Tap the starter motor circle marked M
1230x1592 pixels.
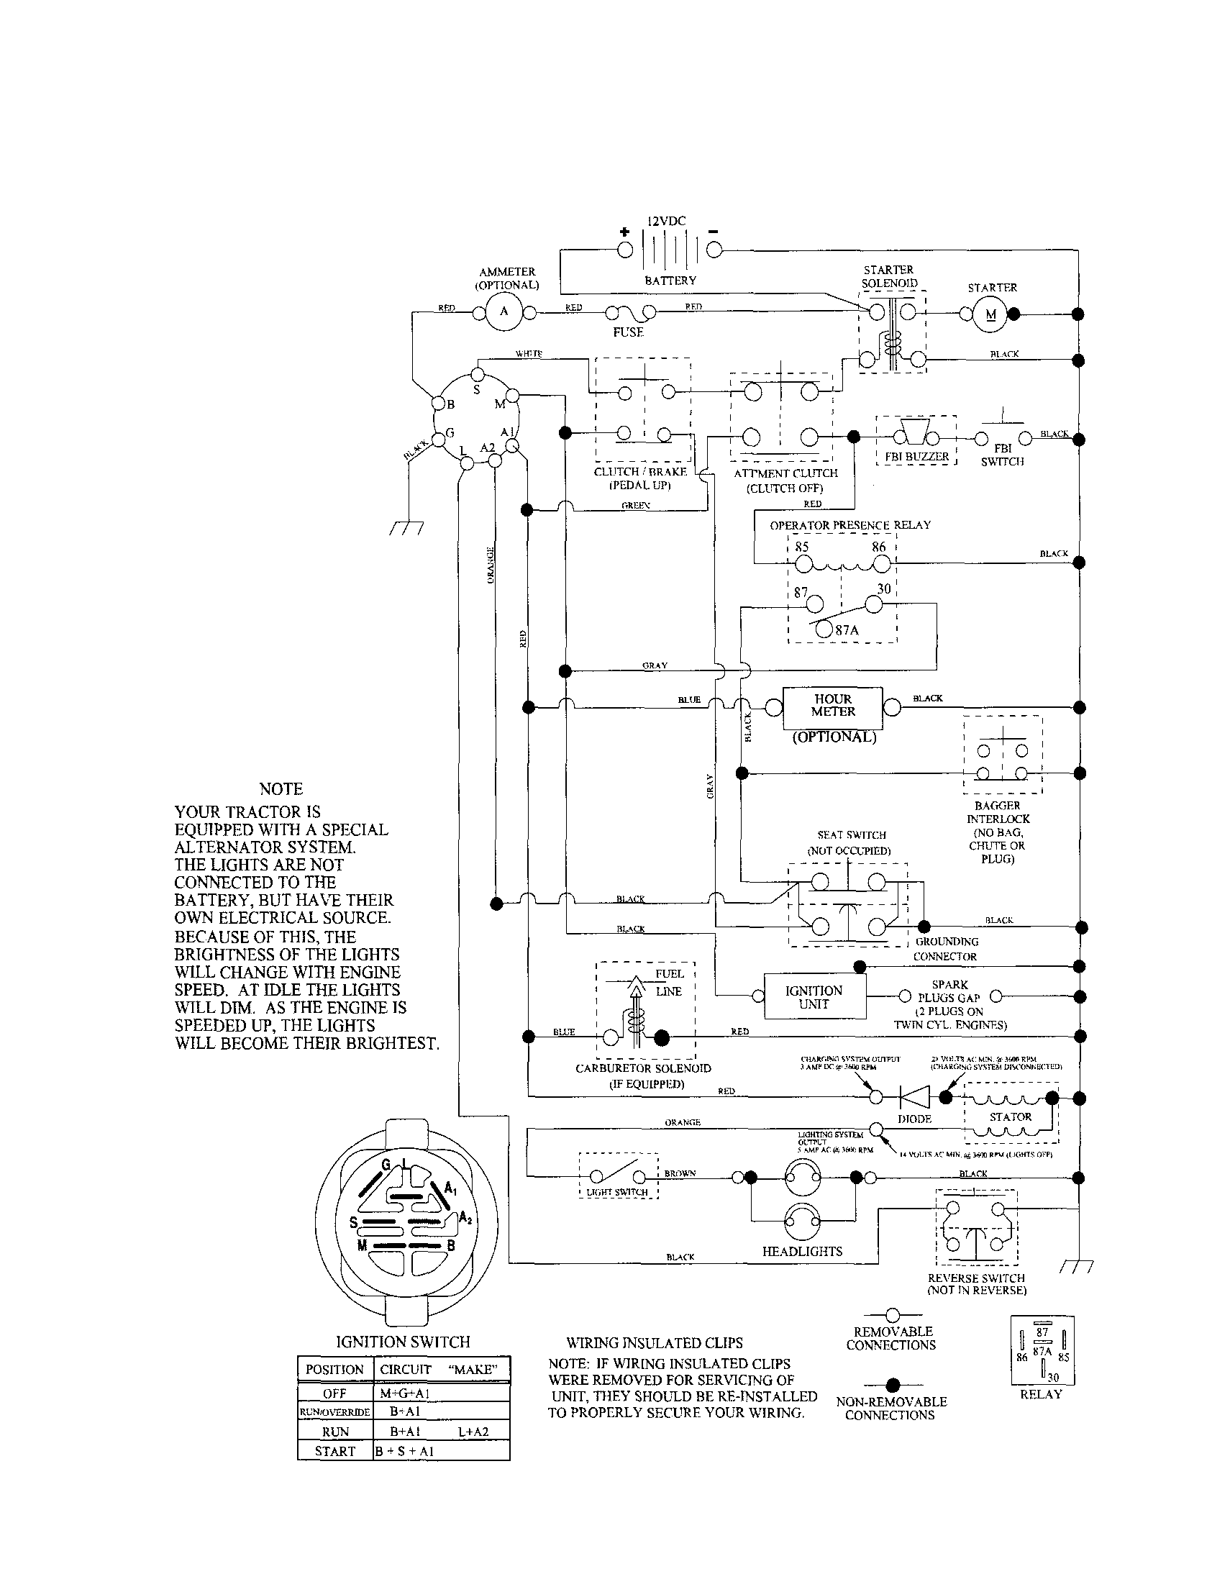point(991,315)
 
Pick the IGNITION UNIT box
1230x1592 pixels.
point(814,997)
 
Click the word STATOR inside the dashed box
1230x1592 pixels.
point(1010,1116)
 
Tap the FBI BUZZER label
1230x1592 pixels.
point(916,457)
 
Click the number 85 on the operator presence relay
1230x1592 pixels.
point(801,547)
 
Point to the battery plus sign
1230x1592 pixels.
point(624,232)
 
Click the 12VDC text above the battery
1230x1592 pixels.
point(666,221)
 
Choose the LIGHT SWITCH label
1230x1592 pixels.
point(617,1193)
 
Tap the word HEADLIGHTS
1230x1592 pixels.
point(802,1252)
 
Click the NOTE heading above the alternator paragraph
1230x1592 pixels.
point(281,788)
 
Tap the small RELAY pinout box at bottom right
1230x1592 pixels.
point(1042,1351)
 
